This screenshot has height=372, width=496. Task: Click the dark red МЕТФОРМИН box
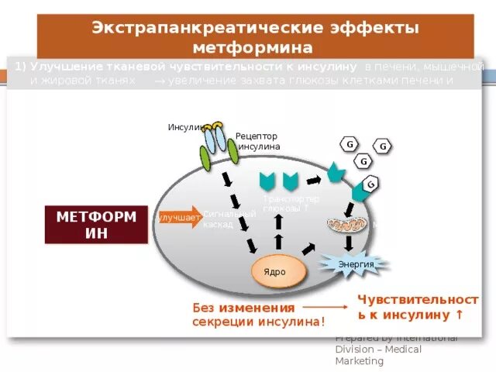(96, 225)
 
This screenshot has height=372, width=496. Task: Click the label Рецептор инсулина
(258, 141)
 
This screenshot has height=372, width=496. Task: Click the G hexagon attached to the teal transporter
(370, 184)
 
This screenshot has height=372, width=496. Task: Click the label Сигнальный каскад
(218, 219)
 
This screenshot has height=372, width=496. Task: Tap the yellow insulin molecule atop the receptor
(213, 126)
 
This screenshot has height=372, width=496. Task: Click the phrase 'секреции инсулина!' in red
(259, 322)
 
